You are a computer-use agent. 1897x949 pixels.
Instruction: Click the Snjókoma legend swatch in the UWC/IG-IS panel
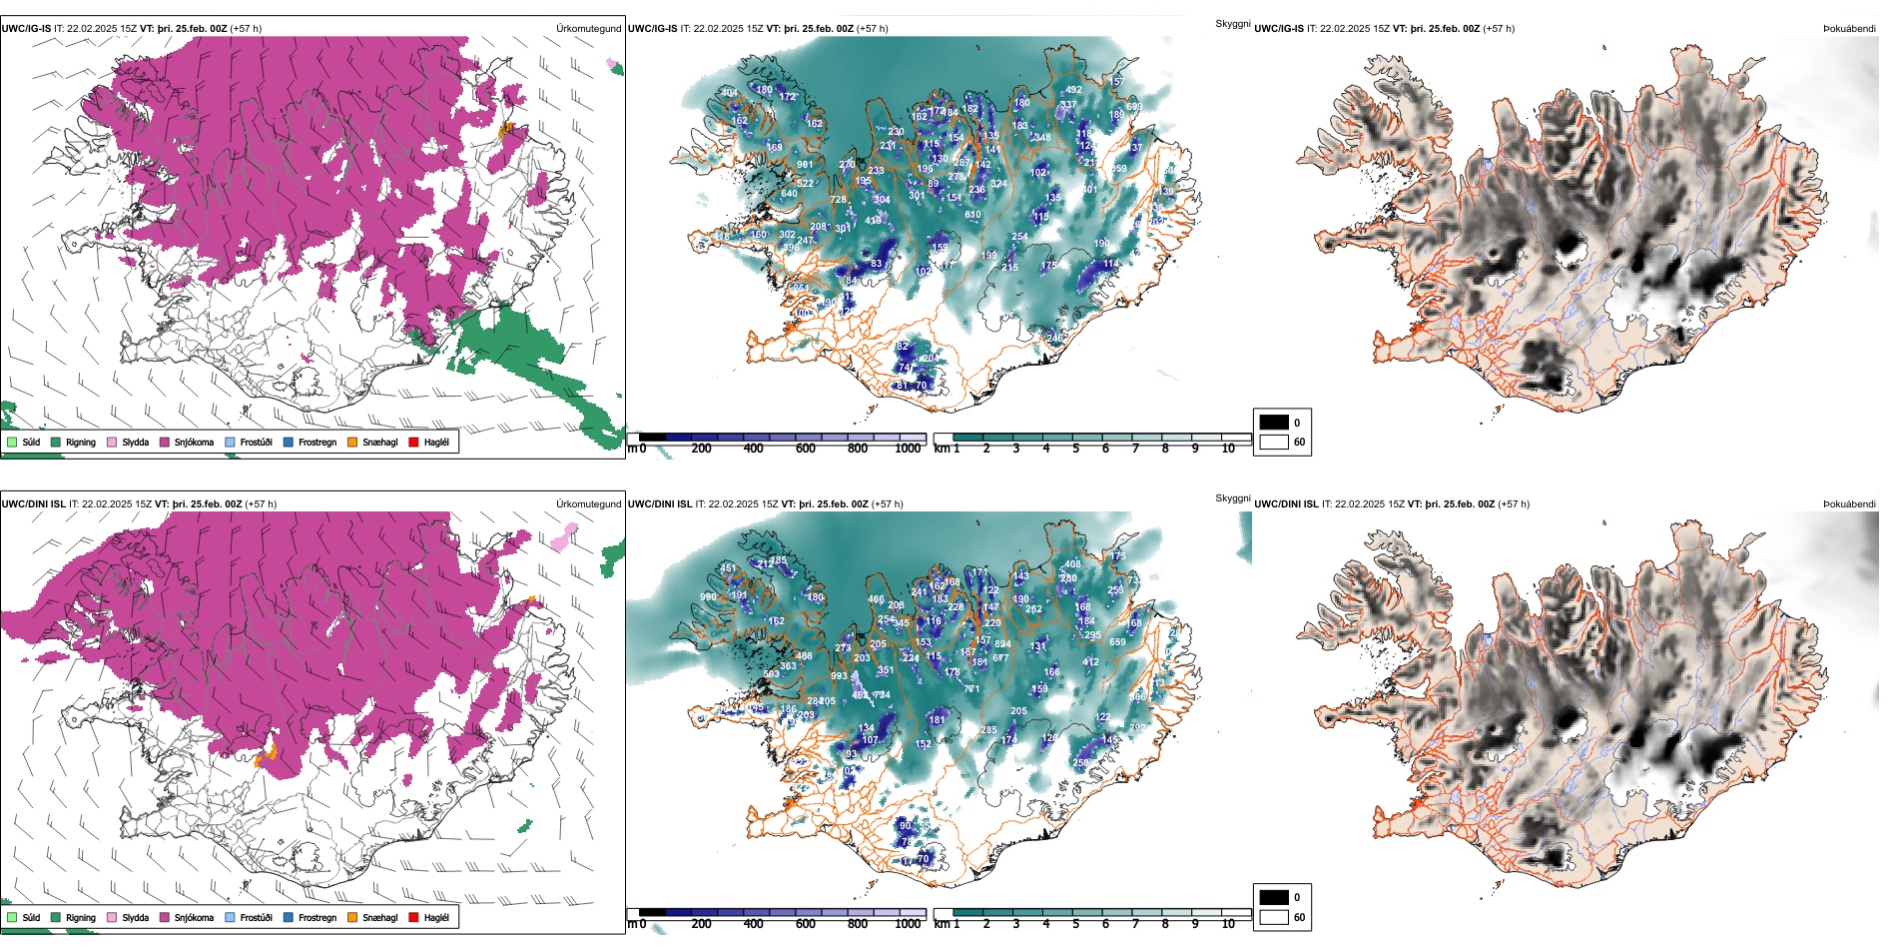click(165, 442)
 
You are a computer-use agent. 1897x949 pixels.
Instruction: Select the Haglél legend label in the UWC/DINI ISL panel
click(436, 917)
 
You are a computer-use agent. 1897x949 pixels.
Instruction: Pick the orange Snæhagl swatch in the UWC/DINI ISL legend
click(352, 917)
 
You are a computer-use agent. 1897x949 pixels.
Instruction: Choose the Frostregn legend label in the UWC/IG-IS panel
click(316, 442)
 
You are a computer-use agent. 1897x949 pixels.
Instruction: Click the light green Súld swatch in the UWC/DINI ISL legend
click(12, 917)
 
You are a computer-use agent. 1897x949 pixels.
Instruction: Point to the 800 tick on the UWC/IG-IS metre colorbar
click(858, 449)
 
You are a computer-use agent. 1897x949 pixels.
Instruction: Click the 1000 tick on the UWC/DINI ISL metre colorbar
click(908, 924)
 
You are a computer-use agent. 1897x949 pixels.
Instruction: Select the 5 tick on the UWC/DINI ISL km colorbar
click(1076, 924)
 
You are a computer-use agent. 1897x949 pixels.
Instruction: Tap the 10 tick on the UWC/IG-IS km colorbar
click(1228, 449)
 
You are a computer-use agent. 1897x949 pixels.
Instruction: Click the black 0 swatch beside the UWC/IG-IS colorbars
click(1274, 423)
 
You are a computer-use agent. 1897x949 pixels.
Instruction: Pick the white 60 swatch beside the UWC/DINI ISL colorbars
click(1274, 917)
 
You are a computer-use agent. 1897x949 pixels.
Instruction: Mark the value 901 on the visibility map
click(805, 165)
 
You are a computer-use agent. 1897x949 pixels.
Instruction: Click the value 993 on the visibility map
click(839, 676)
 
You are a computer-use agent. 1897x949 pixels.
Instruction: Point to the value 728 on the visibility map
click(839, 200)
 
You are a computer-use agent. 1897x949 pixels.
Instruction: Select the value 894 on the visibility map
click(1002, 644)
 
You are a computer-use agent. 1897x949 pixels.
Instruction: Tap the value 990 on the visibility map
click(708, 597)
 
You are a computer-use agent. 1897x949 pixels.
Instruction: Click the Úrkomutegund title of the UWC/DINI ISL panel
click(588, 503)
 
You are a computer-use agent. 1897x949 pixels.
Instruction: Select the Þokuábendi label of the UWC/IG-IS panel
click(1849, 29)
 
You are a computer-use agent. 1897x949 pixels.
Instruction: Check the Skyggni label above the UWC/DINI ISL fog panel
click(1233, 497)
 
